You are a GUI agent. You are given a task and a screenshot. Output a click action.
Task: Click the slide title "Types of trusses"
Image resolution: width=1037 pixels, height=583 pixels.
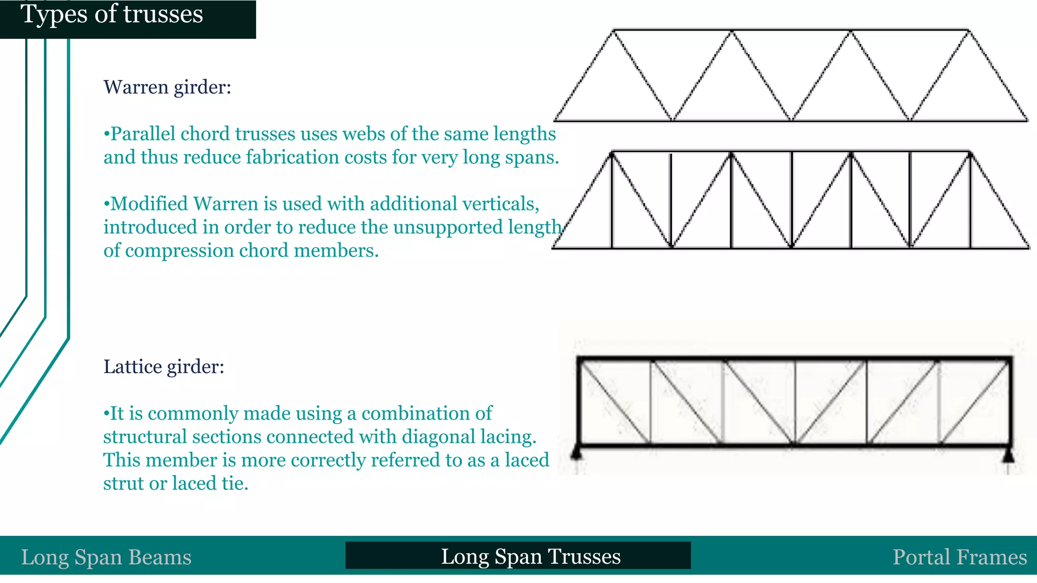click(112, 14)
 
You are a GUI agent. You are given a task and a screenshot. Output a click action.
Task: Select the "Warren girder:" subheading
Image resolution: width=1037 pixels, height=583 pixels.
click(167, 87)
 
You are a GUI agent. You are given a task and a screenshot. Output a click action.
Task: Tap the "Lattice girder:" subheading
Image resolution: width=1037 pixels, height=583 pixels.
click(164, 366)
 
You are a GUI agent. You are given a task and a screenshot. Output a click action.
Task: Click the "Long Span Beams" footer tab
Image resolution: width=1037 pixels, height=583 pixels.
click(106, 557)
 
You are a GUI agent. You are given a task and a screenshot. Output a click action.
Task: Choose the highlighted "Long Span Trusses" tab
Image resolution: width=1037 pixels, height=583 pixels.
click(531, 556)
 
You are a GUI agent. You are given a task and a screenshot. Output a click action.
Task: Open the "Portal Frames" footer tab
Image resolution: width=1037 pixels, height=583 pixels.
click(960, 557)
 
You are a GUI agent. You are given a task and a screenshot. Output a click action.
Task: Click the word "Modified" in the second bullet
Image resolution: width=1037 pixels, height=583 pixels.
click(149, 203)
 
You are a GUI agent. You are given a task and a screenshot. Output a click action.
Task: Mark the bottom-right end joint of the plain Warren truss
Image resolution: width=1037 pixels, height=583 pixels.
click(1026, 120)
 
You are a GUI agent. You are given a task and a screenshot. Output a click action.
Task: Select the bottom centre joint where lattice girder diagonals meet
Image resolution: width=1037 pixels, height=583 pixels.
click(794, 444)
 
